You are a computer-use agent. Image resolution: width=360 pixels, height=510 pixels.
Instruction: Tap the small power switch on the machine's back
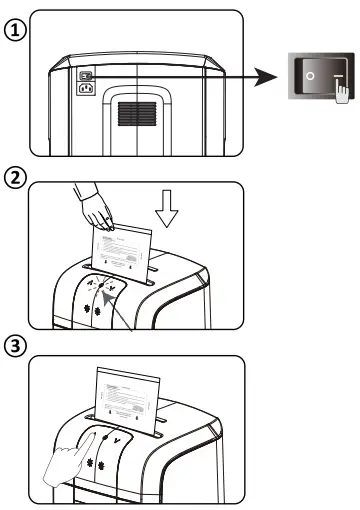pos(86,73)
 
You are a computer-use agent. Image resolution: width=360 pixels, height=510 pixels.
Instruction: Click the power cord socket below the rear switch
pos(86,87)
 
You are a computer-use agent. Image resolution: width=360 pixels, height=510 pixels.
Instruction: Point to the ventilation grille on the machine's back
pos(138,114)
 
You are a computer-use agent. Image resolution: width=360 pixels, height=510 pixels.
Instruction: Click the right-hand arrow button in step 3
pos(120,435)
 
